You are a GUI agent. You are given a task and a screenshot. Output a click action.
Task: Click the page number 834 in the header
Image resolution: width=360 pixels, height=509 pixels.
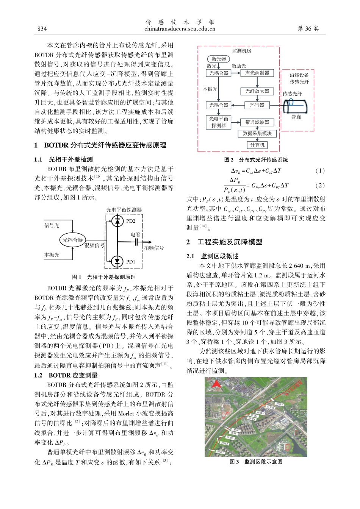[42, 29]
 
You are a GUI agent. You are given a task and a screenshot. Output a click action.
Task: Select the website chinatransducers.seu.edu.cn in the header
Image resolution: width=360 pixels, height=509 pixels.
[180, 29]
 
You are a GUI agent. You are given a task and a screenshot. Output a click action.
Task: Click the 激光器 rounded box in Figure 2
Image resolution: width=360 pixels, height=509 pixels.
[219, 59]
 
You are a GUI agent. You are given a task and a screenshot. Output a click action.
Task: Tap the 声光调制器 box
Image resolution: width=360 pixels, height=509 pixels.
[257, 73]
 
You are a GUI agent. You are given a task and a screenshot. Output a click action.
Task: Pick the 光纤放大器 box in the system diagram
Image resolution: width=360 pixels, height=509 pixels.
[257, 91]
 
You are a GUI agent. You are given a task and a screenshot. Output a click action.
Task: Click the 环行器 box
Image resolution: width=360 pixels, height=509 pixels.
[257, 105]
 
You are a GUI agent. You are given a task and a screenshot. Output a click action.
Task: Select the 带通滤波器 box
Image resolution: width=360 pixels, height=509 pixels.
[257, 122]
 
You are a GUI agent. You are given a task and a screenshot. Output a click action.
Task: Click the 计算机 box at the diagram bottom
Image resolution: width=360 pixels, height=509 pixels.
[257, 145]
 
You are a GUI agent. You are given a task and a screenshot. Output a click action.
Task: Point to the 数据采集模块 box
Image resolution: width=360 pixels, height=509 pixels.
[257, 133]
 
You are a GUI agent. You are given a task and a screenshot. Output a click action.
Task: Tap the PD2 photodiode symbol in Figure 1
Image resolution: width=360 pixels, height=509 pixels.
[117, 220]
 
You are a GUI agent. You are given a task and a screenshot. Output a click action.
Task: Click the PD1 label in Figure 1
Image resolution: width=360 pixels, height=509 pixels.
[131, 262]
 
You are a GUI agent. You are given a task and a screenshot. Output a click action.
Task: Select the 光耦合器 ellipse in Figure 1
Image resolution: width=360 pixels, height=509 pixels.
[72, 240]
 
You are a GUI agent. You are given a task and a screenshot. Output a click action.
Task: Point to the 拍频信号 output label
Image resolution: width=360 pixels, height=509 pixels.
[153, 248]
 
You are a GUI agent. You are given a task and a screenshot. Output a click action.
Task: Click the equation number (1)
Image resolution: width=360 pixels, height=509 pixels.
[320, 171]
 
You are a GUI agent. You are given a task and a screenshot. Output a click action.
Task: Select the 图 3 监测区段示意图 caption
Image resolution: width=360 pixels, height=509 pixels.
[256, 462]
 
